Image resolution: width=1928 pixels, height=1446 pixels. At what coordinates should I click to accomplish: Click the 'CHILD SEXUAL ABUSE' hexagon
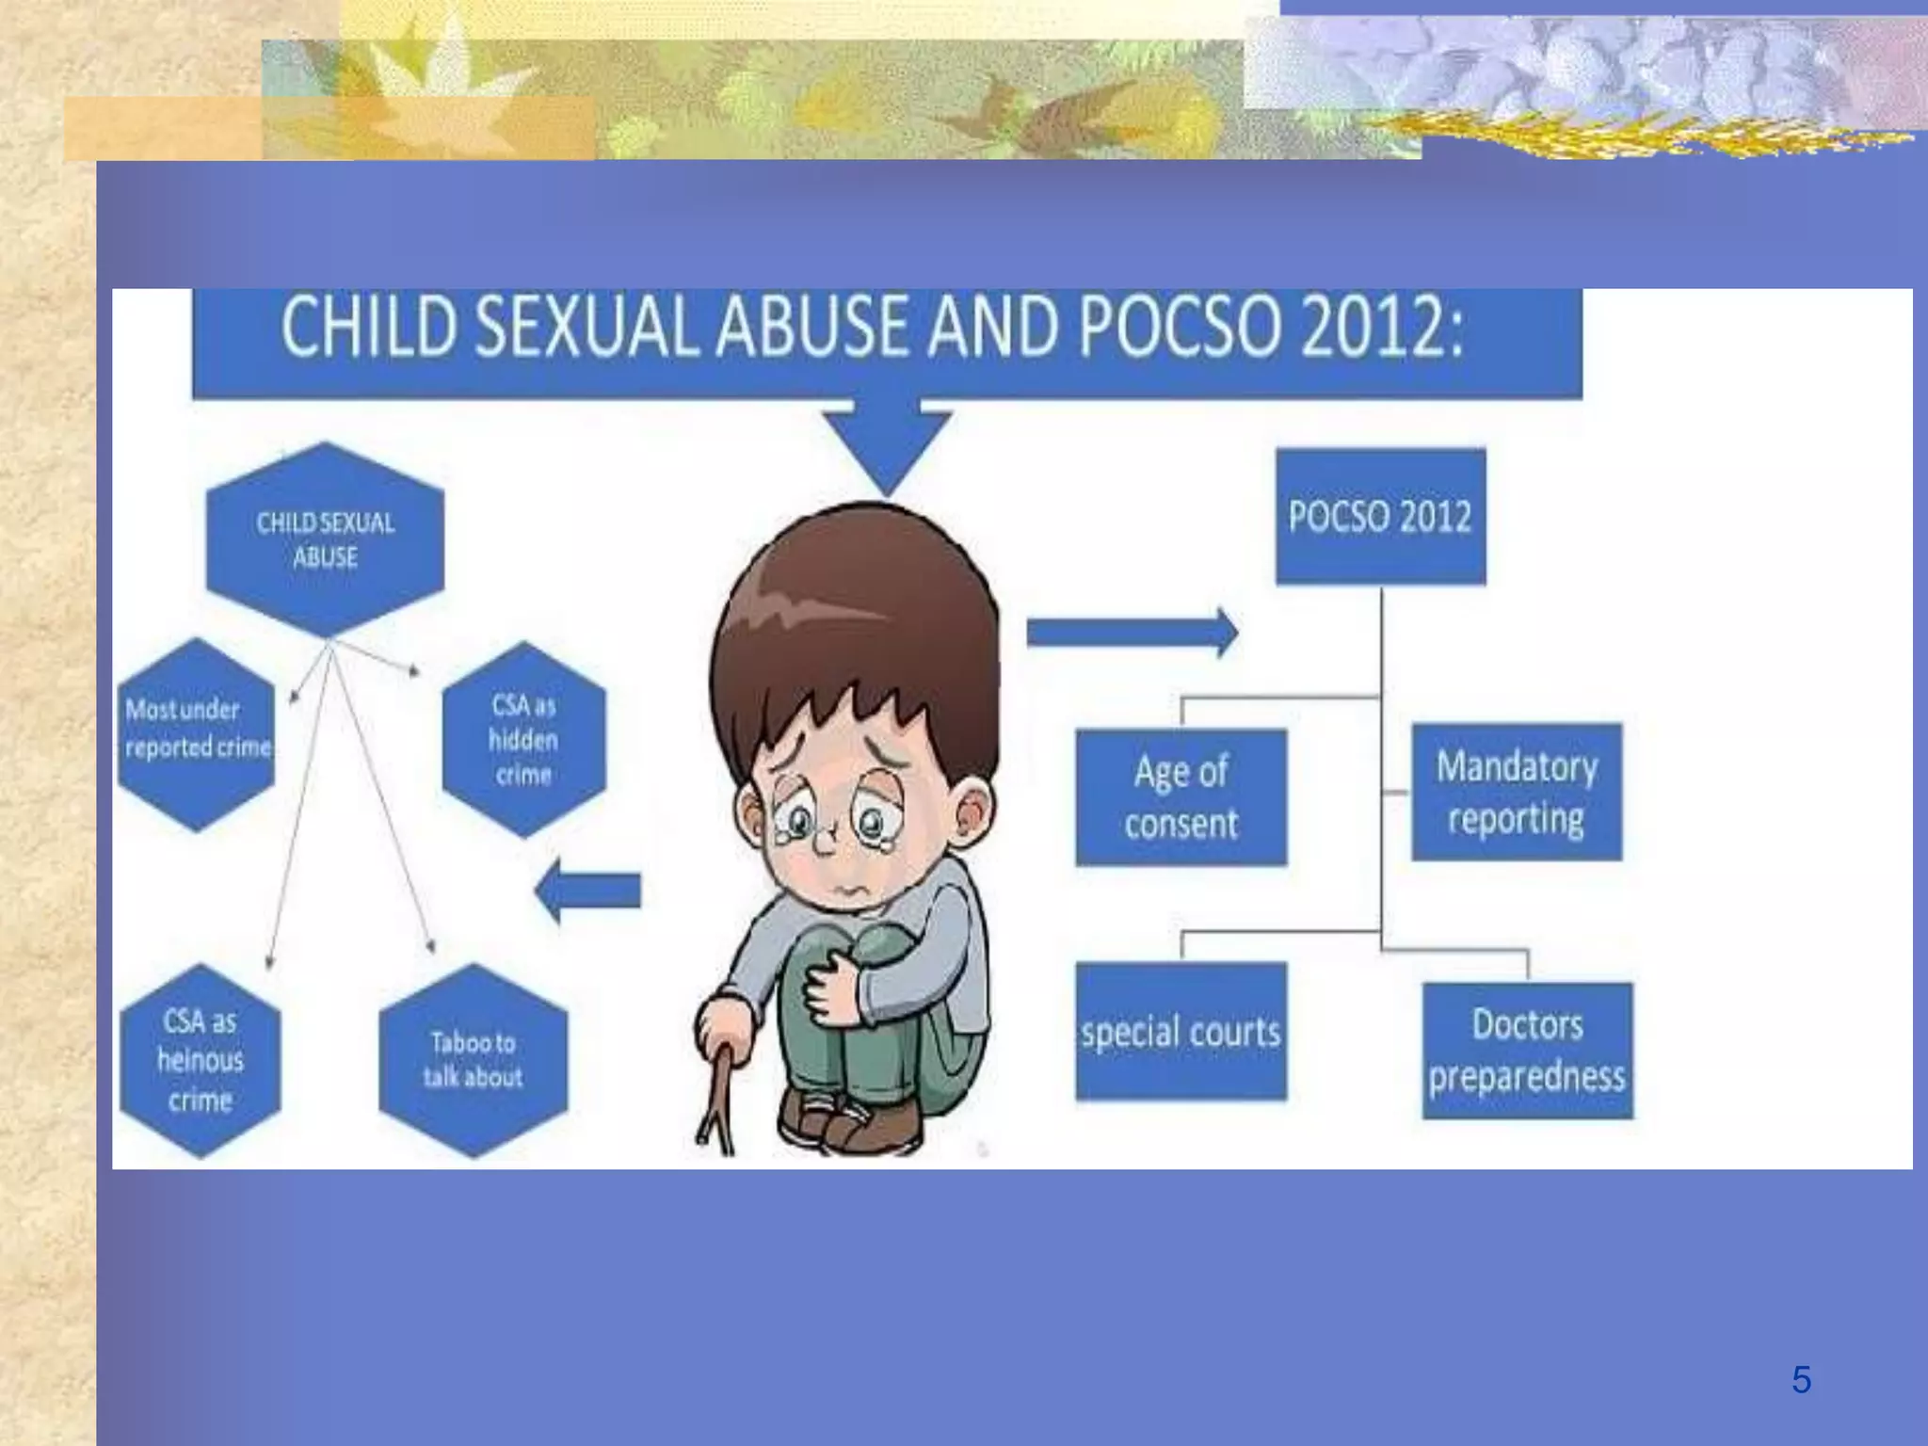point(325,539)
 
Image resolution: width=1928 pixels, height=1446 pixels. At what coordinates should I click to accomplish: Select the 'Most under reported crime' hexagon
point(197,732)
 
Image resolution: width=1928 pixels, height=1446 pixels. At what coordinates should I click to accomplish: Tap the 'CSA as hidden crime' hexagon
point(523,740)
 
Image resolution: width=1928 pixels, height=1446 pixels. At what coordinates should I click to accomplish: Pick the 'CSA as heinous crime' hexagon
point(201,1060)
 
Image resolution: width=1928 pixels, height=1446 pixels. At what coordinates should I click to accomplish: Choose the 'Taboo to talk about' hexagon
point(473,1060)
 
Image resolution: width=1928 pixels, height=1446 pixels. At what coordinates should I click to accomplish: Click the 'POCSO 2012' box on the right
point(1380,517)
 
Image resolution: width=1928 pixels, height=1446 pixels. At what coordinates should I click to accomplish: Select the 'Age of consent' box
point(1181,797)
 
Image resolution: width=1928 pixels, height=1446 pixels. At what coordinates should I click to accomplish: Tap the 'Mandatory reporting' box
point(1517,792)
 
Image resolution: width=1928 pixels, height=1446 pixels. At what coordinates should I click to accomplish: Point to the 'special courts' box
point(1181,1032)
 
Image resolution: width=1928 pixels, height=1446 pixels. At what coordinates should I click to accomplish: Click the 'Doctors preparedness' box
point(1527,1051)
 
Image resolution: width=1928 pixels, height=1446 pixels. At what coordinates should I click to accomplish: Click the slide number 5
point(1801,1380)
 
